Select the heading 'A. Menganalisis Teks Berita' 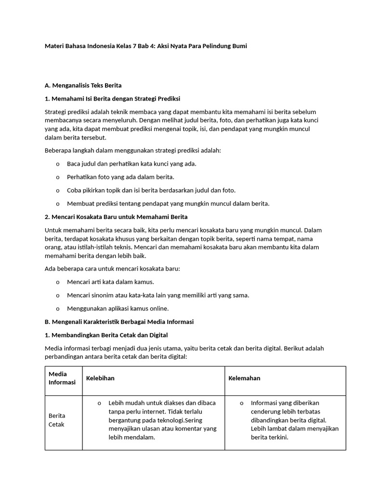83,85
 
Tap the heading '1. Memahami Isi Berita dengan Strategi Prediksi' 112,99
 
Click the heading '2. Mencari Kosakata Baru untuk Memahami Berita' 116,217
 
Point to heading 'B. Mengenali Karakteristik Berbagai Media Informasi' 119,322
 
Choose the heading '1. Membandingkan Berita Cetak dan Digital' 106,335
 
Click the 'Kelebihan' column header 100,378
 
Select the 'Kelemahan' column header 244,378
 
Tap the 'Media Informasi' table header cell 62,378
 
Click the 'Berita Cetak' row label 57,420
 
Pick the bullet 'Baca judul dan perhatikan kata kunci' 132,164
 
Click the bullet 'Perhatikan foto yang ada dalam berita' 120,177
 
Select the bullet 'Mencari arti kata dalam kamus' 110,282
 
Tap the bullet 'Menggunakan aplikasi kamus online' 118,309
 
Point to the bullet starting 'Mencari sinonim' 158,295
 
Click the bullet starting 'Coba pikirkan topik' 151,190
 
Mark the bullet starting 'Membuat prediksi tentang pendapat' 168,203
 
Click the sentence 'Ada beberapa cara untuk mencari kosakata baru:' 112,269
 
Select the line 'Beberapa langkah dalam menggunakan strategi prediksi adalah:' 132,151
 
